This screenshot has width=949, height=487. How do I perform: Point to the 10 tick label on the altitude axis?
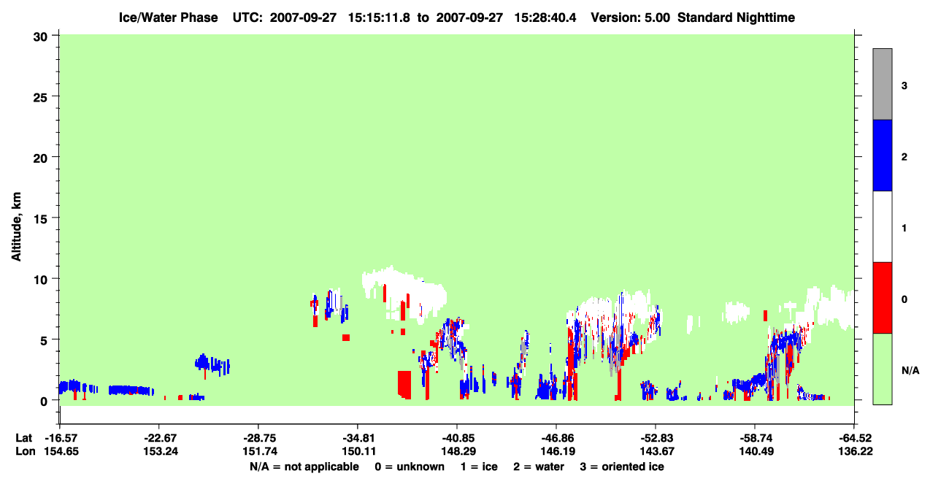[x=40, y=280]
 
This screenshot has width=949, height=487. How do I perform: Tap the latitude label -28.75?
[x=260, y=438]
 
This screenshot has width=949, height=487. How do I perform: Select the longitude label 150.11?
[x=359, y=451]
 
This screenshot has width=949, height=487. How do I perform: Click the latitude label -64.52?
[x=856, y=438]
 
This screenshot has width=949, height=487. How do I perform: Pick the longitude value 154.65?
[x=61, y=451]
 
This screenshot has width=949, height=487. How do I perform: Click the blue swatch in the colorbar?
[x=883, y=155]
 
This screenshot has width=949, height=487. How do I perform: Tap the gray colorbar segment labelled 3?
[x=883, y=84]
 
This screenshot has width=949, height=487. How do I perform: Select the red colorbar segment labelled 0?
[x=883, y=298]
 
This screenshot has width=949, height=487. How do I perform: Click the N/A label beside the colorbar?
[x=910, y=370]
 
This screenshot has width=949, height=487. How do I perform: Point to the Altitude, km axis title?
[x=16, y=226]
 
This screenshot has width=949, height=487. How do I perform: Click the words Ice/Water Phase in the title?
[x=168, y=18]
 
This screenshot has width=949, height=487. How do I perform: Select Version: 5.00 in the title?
[x=631, y=18]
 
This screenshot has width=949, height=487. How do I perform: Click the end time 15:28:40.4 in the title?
[x=545, y=18]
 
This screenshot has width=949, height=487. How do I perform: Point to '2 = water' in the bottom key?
[x=539, y=467]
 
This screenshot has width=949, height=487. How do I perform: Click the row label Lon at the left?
[x=26, y=451]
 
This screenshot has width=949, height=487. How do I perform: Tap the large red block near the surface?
[x=404, y=385]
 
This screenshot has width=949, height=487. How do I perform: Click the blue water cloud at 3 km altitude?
[x=212, y=364]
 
